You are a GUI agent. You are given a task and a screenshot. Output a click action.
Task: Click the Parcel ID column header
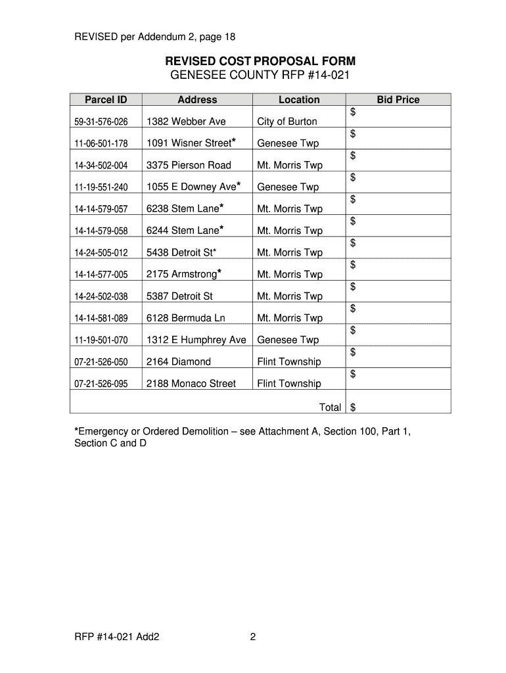[x=105, y=100]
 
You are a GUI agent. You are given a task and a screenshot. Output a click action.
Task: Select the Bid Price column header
[x=398, y=100]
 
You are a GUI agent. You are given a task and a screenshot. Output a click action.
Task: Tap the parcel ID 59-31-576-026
[x=101, y=122]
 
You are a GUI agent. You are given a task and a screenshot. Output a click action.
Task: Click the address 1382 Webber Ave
[x=186, y=122]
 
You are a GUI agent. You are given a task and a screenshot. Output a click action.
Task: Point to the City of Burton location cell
[x=287, y=122]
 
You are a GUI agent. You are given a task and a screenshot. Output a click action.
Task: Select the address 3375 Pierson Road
[x=189, y=165]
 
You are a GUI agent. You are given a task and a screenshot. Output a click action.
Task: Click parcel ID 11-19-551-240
[x=101, y=187]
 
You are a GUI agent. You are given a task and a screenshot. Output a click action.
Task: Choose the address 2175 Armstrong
[x=181, y=274]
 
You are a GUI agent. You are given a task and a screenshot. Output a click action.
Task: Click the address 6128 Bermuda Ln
[x=186, y=318]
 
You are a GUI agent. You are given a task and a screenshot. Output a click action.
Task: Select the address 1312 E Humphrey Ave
[x=196, y=340]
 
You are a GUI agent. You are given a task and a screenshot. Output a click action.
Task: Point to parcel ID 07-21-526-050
[x=101, y=362]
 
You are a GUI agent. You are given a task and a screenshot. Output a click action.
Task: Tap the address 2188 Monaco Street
[x=191, y=384]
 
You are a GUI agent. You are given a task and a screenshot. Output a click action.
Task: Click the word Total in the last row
[x=330, y=407]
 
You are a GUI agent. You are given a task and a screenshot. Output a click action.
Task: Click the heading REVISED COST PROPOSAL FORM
[x=260, y=62]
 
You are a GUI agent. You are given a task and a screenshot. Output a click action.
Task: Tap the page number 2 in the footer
[x=252, y=637]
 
